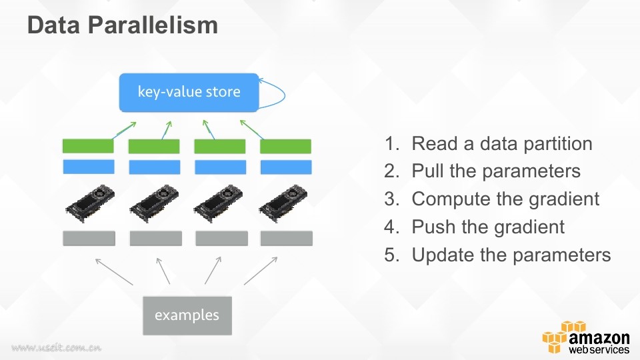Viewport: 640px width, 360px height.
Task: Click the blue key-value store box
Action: [x=189, y=92]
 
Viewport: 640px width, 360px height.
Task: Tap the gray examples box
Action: [x=187, y=315]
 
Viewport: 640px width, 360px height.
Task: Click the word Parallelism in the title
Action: [x=153, y=25]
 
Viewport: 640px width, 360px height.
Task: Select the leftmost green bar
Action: [x=88, y=146]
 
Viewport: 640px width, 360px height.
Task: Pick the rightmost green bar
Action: [x=286, y=146]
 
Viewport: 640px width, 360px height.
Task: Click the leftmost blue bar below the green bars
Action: [x=89, y=167]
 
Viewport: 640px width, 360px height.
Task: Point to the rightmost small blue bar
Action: [x=286, y=167]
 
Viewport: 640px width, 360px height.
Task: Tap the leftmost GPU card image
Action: [x=90, y=203]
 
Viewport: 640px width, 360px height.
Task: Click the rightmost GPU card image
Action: [x=283, y=203]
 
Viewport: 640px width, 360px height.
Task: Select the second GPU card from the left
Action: [x=154, y=203]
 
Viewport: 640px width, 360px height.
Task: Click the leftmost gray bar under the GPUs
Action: [x=89, y=239]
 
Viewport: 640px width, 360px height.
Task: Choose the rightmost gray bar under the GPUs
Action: [x=287, y=239]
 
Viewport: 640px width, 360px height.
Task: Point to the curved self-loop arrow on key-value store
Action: [x=285, y=95]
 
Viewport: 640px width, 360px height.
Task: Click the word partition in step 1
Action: [x=557, y=144]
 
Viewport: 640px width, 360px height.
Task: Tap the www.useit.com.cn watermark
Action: [x=56, y=348]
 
